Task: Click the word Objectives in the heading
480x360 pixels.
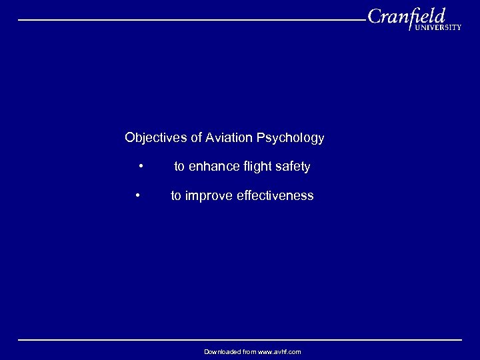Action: [156, 138]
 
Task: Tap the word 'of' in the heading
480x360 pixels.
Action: [196, 138]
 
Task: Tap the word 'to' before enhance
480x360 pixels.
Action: [179, 167]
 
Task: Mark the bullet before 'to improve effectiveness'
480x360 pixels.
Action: [137, 195]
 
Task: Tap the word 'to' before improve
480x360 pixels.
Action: [176, 195]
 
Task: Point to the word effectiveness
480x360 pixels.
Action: [275, 195]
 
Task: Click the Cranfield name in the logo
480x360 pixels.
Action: [405, 16]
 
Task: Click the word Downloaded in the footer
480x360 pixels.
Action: [221, 351]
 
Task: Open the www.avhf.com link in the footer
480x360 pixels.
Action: [279, 351]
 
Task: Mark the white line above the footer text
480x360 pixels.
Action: [240, 340]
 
